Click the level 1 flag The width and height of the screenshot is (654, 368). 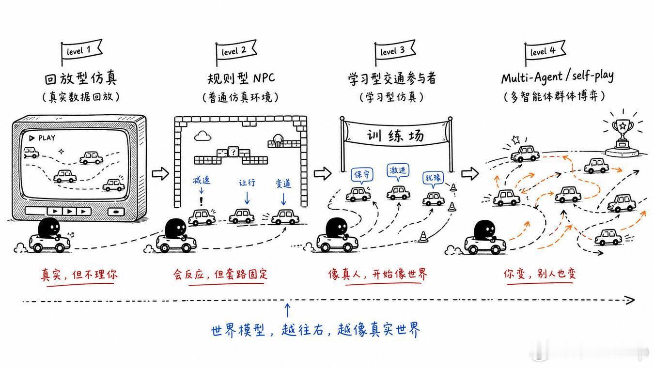[x=81, y=51]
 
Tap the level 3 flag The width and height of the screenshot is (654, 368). [x=394, y=51]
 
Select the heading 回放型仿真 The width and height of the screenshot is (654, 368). [x=81, y=78]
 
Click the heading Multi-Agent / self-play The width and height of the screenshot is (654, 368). [x=558, y=77]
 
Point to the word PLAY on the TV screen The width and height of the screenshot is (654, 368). [x=47, y=138]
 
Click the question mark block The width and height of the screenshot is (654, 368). [x=233, y=152]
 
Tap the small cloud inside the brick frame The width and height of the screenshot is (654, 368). [x=202, y=136]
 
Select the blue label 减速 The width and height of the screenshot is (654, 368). [x=202, y=180]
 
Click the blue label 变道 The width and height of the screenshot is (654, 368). [x=283, y=183]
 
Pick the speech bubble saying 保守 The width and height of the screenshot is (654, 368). [x=362, y=175]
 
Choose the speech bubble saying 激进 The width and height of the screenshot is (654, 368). [x=398, y=171]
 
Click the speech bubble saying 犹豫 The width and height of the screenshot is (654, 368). [x=433, y=178]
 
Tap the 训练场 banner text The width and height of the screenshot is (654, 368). [x=395, y=136]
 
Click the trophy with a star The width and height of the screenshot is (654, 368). [x=623, y=136]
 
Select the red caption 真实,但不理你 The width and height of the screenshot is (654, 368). [x=79, y=275]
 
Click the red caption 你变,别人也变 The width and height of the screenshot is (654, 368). [x=540, y=274]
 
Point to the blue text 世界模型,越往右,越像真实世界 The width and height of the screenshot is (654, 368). [x=315, y=330]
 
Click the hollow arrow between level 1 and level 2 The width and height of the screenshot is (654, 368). [x=160, y=174]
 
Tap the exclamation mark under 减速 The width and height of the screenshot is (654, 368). [x=201, y=201]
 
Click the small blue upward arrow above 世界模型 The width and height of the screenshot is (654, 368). [x=288, y=310]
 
